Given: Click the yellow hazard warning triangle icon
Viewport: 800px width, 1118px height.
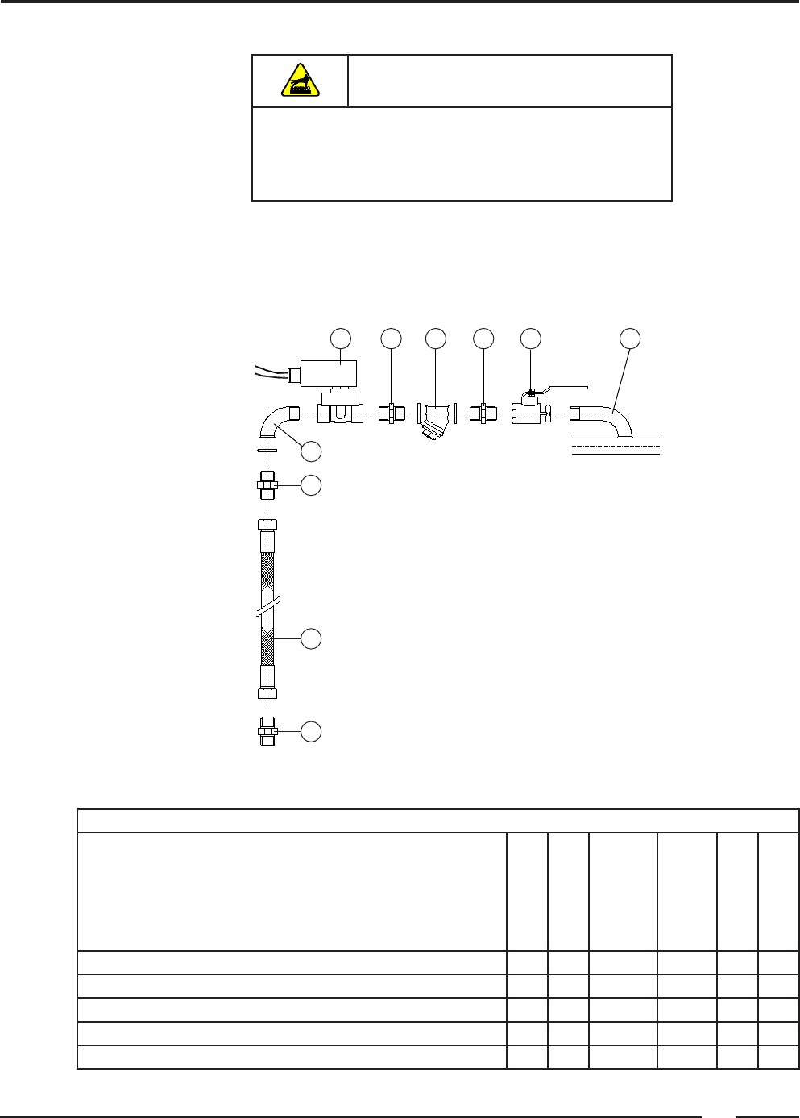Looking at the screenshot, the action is point(299,81).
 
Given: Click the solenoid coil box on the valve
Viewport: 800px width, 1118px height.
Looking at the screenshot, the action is point(328,374).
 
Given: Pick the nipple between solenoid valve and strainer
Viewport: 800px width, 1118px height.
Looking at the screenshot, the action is point(391,414).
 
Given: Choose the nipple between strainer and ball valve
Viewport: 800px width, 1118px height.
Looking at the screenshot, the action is point(483,414).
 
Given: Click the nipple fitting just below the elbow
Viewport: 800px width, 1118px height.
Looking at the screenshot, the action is point(267,484).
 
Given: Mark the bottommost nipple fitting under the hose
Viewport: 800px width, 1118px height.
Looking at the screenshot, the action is point(267,731).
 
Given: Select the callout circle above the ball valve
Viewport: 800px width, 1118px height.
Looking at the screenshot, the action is point(530,339).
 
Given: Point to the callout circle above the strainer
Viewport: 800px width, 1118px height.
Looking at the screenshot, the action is point(436,339).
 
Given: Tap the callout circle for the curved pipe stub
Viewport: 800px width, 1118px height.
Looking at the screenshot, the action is point(630,339).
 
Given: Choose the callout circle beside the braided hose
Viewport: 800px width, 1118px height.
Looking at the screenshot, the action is point(311,639).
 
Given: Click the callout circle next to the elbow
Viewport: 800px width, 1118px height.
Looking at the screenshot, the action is point(311,451).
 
